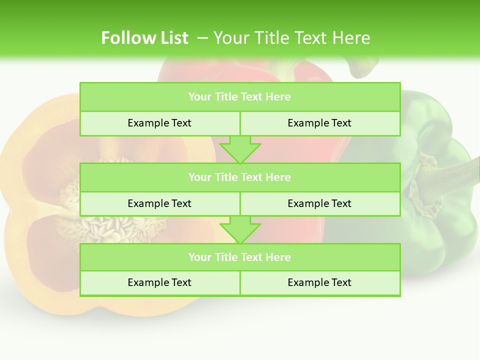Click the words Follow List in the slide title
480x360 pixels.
[x=144, y=38]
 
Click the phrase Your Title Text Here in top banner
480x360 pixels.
[x=291, y=38]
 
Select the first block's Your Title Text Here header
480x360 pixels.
[x=239, y=97]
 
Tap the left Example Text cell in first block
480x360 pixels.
[x=159, y=123]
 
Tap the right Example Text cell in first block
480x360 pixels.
[x=319, y=123]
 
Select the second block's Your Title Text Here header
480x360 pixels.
[x=239, y=177]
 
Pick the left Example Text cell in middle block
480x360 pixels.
[x=159, y=203]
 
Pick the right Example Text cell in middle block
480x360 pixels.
[x=319, y=203]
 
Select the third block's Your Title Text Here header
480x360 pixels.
[x=239, y=257]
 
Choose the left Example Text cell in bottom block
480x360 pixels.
[x=159, y=282]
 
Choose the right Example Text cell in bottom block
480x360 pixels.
[x=319, y=282]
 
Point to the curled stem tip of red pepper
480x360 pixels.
[x=362, y=70]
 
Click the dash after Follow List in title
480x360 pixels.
[x=202, y=38]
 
